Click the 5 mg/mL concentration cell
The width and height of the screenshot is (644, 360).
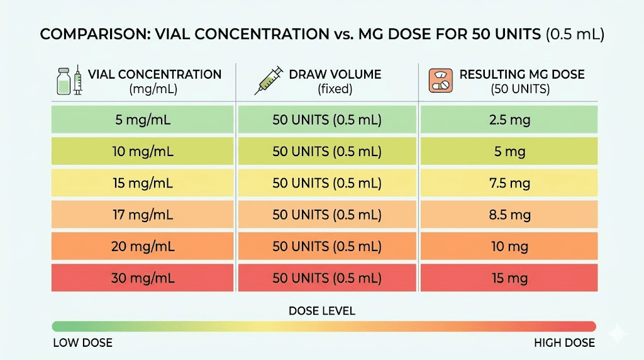click(x=143, y=120)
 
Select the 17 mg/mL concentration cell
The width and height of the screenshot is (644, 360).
click(x=143, y=215)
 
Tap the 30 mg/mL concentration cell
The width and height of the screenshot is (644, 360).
click(x=143, y=278)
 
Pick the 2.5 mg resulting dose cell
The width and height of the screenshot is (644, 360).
click(x=508, y=120)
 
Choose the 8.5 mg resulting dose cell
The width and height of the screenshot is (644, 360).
click(x=508, y=215)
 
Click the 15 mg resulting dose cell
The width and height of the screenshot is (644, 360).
click(x=508, y=278)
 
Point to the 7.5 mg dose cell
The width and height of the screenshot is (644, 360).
click(x=508, y=183)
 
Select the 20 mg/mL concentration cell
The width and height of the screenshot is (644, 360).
click(x=143, y=247)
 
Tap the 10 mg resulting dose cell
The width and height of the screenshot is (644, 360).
click(x=508, y=247)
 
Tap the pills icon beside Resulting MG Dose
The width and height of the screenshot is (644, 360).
click(x=440, y=81)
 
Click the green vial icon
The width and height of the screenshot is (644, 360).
click(x=62, y=81)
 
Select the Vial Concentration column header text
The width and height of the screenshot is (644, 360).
click(x=155, y=74)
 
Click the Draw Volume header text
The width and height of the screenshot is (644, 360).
click(x=335, y=74)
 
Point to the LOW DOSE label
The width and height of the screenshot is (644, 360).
click(x=82, y=343)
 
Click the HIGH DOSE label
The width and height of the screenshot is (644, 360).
click(x=564, y=343)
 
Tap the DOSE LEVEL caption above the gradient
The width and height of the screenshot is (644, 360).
click(x=322, y=311)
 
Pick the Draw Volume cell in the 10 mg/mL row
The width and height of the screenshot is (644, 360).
click(x=327, y=152)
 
